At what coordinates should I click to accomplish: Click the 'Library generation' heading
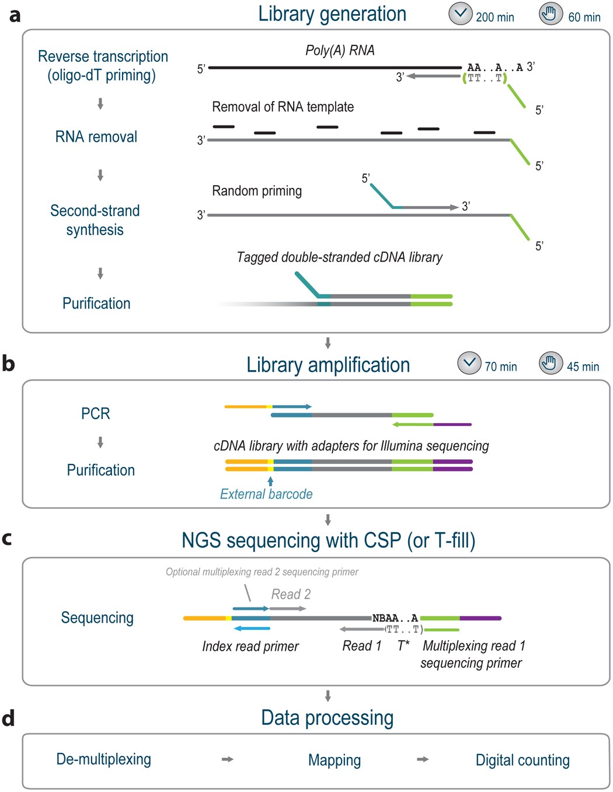tap(332, 14)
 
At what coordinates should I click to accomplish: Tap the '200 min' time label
tap(494, 17)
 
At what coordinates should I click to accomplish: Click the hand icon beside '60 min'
tap(551, 14)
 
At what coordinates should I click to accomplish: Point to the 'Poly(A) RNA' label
tap(340, 51)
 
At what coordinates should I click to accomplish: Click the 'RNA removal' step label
tap(96, 137)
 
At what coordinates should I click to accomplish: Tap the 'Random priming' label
tap(257, 191)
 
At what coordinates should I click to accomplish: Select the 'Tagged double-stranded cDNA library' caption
tap(339, 257)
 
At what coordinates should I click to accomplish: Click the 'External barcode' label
tap(266, 494)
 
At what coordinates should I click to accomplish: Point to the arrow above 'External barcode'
tap(270, 481)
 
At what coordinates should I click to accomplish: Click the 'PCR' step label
tap(96, 414)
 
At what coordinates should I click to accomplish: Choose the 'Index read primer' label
tap(250, 646)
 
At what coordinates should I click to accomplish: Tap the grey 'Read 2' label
tap(291, 594)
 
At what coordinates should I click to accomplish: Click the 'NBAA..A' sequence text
tap(395, 618)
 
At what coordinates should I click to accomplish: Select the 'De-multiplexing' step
tap(103, 759)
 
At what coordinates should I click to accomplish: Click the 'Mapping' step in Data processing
tap(335, 760)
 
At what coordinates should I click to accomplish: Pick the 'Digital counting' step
tap(523, 760)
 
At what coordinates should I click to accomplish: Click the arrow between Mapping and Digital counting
tap(423, 759)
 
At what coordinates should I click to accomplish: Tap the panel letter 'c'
tap(7, 539)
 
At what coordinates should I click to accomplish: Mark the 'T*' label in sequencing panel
tap(403, 646)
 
